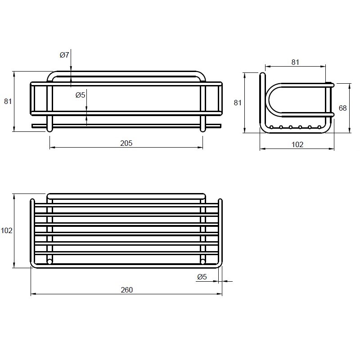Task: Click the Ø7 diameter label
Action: (x=64, y=55)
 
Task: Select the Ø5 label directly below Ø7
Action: (x=81, y=95)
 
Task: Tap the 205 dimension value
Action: (x=126, y=143)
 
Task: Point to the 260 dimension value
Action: (x=127, y=290)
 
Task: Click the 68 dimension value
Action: (x=342, y=108)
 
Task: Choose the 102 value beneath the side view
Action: (x=297, y=144)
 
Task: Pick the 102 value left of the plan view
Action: (x=6, y=230)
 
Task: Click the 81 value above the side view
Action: (x=295, y=62)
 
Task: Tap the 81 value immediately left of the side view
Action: (x=238, y=103)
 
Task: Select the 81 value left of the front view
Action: (x=8, y=101)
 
